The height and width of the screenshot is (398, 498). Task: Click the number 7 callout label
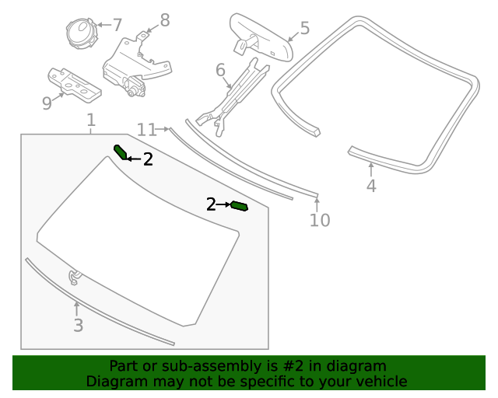point(117,25)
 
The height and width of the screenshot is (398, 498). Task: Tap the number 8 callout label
point(164,19)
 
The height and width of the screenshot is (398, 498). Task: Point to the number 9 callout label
point(47,103)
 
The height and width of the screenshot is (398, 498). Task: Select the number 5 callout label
point(304,29)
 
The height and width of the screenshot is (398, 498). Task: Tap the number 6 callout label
point(220,71)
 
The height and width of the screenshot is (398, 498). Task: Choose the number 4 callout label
point(371,186)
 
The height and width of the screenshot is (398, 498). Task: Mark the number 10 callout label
point(320,220)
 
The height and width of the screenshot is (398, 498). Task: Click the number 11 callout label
point(146,129)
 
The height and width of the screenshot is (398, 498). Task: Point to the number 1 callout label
point(91,120)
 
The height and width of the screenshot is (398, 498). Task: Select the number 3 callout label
point(78,326)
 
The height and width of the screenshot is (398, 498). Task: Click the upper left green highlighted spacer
point(121,152)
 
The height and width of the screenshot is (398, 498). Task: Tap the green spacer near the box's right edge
point(239,206)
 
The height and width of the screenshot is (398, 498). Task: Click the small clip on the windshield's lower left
point(75,277)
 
